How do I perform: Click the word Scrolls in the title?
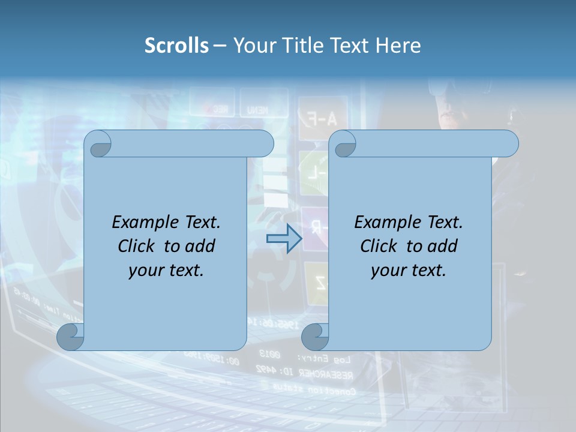click(x=176, y=46)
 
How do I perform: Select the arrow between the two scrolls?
click(x=284, y=239)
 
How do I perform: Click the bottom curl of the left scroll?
click(x=71, y=337)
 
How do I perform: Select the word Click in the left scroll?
click(x=136, y=246)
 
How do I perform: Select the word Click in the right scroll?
click(x=379, y=246)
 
